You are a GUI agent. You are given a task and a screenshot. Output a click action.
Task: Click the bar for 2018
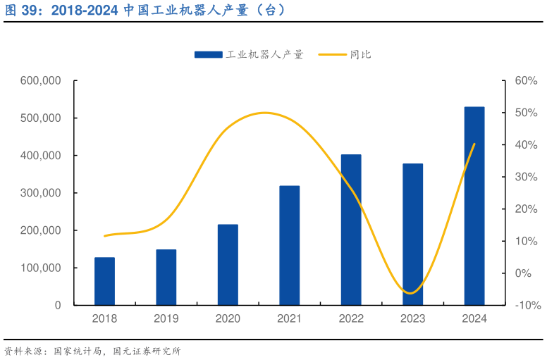coord(104,281)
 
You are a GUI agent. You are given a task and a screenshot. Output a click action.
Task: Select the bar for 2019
coord(166,277)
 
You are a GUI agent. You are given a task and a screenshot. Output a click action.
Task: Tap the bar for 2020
coord(228,265)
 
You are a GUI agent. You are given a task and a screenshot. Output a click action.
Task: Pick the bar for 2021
coord(289,245)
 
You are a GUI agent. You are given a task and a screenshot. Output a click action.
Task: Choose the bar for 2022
coord(351,230)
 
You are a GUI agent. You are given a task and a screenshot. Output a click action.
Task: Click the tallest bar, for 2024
coord(474,206)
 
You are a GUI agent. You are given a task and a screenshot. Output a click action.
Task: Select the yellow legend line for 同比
coord(332,54)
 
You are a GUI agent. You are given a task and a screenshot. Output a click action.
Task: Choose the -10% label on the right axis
coord(527,305)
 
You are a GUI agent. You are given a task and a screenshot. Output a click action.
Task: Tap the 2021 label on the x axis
coord(289,318)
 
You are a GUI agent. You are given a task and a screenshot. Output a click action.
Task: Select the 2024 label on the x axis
coord(474,318)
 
